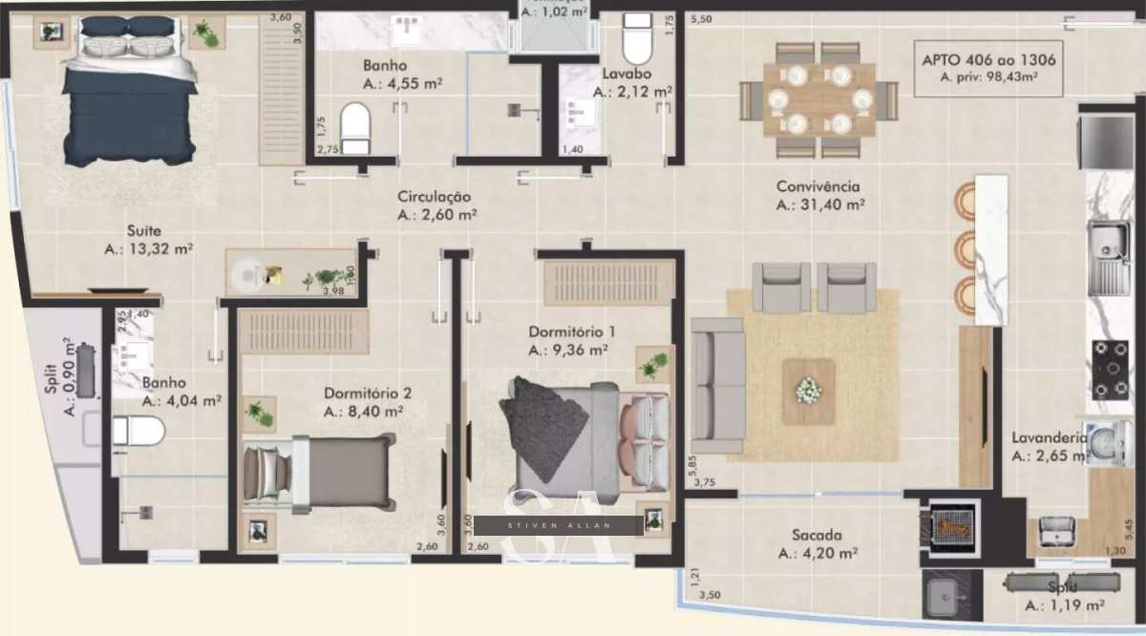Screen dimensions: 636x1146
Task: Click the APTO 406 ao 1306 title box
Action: point(987,68)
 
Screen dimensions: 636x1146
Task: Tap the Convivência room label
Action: point(817,187)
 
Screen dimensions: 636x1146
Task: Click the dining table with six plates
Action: point(820,99)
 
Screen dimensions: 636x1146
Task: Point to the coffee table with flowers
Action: point(809,391)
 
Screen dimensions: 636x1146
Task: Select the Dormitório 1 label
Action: point(571,331)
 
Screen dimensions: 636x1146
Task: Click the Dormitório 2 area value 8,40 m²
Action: point(363,412)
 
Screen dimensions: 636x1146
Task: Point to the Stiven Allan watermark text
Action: point(573,524)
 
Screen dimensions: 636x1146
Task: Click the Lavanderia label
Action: point(1049,438)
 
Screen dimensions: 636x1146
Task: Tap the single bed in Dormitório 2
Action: point(319,472)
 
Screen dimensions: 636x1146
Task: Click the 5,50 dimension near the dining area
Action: point(702,19)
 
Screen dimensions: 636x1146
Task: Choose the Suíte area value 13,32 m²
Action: point(148,249)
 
